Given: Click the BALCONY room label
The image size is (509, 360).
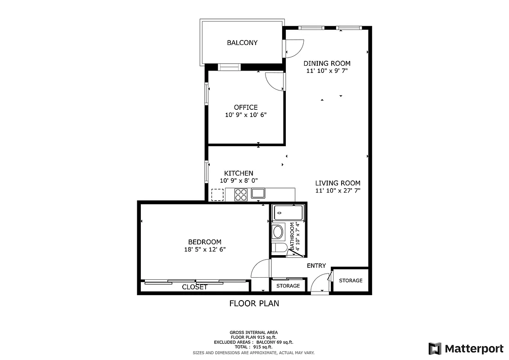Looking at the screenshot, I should [242, 43].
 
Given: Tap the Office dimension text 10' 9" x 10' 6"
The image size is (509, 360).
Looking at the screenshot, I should [246, 115].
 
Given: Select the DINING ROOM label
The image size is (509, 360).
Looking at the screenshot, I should [327, 63].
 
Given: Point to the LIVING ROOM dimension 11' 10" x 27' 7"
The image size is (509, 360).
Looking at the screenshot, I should [338, 190].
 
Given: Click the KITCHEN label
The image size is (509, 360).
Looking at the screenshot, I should [239, 173].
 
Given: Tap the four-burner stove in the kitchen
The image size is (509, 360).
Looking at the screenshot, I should [241, 194].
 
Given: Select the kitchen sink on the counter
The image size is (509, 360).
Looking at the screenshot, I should [258, 194].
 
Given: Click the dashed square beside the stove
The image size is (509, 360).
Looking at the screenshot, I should [217, 194].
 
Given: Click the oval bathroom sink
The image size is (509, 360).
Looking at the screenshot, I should [278, 232].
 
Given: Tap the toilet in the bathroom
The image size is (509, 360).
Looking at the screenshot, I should [279, 247].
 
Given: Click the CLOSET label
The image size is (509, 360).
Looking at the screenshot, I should [194, 287].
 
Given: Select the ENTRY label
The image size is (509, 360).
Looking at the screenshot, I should [316, 266].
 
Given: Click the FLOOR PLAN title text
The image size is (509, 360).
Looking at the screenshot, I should [254, 303].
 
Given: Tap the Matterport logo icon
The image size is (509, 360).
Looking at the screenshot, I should [435, 348].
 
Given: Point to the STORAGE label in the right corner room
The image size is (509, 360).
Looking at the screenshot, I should [351, 280].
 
